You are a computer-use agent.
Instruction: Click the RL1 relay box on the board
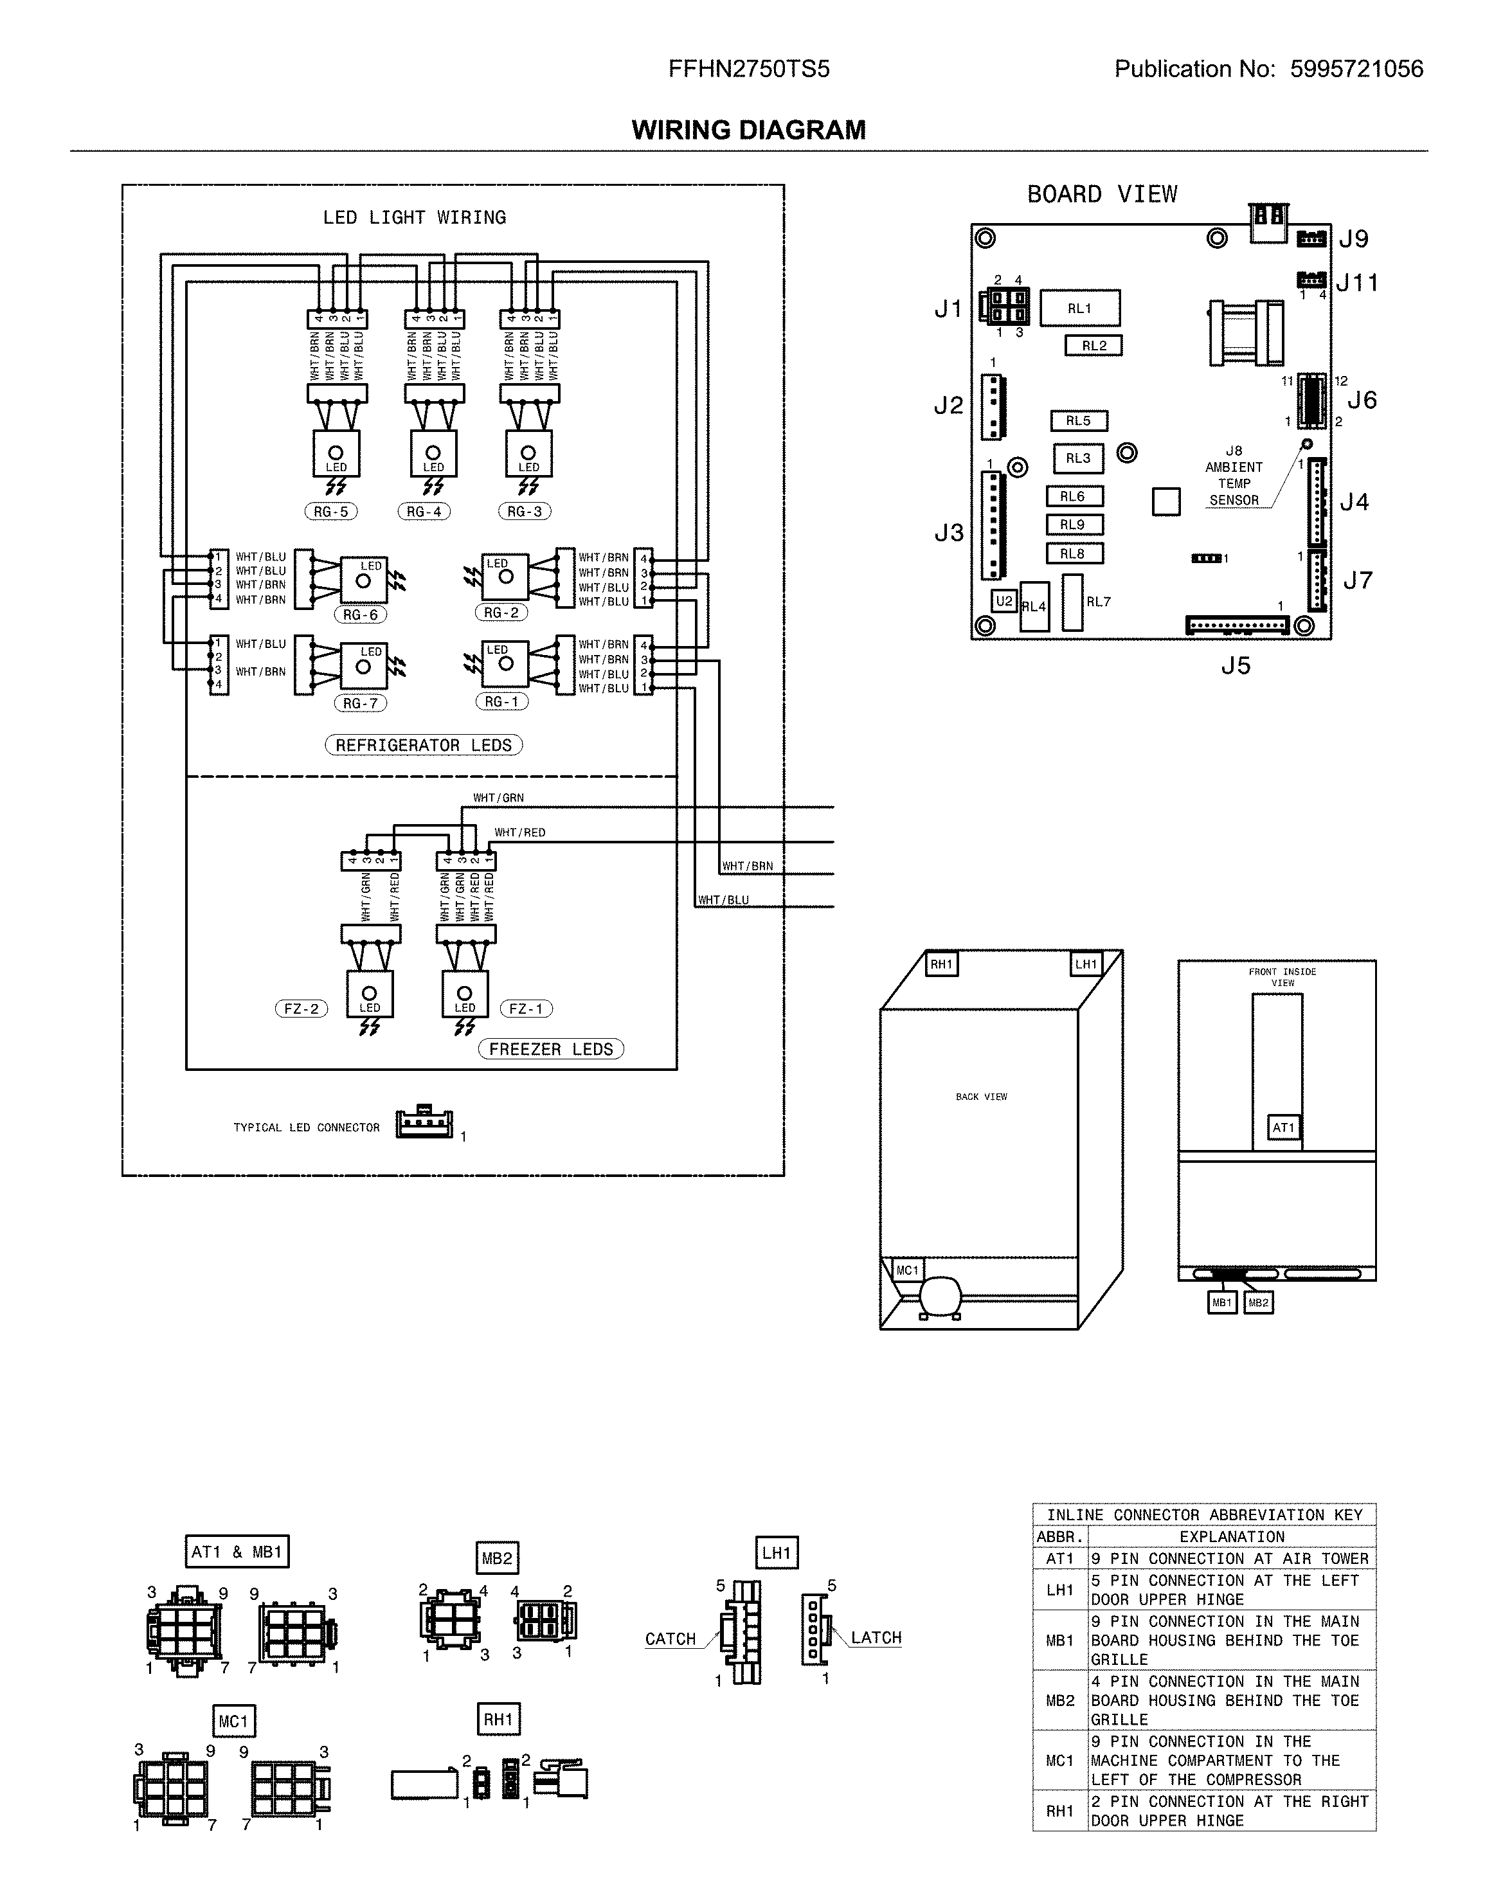click(1079, 309)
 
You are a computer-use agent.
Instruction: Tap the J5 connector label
click(1235, 665)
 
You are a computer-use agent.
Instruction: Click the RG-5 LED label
click(330, 512)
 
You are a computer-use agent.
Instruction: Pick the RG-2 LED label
click(501, 613)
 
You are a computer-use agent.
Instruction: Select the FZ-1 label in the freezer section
click(526, 1009)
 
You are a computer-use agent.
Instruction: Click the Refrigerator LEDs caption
click(423, 746)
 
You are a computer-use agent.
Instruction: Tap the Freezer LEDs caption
click(550, 1050)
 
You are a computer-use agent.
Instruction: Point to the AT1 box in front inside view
click(1282, 1127)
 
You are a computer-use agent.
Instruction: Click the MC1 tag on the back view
click(907, 1270)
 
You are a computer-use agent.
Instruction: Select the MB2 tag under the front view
click(1259, 1302)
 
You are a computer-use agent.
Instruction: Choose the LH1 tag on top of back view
click(1086, 964)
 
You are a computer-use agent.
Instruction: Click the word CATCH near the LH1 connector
click(670, 1639)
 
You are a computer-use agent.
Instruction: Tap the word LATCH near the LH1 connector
click(876, 1637)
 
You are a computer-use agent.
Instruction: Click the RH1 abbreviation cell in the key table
click(1060, 1811)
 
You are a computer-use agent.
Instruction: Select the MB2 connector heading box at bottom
click(496, 1558)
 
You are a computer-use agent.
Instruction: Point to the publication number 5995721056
click(1356, 69)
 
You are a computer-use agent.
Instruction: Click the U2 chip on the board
click(1004, 601)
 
